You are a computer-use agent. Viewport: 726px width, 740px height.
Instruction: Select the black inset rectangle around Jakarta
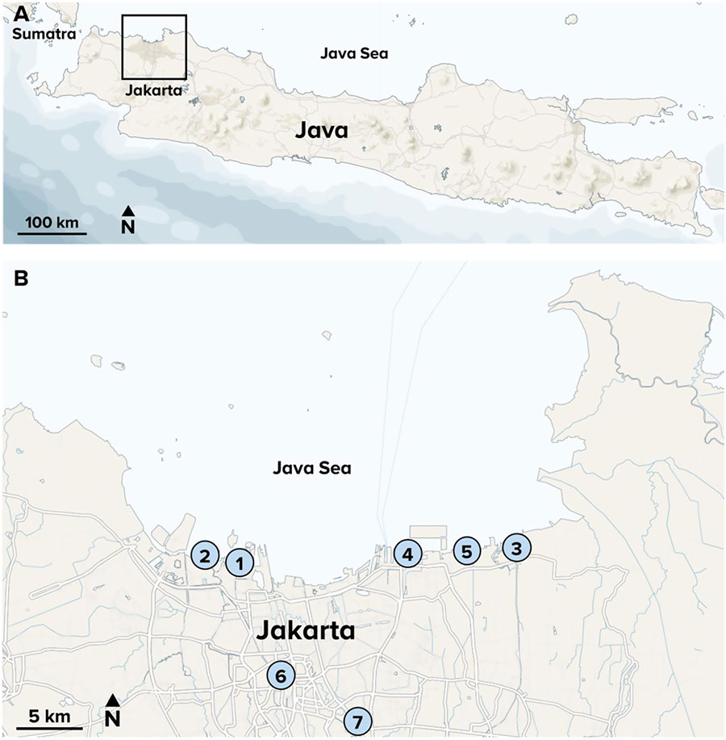point(153,47)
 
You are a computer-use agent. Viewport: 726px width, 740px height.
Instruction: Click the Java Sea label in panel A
point(355,54)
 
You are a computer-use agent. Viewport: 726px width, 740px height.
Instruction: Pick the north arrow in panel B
point(113,712)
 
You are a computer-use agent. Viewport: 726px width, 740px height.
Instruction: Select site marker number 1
point(240,562)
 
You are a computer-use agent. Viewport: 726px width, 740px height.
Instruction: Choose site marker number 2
point(205,555)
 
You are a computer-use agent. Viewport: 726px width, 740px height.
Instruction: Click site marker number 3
point(516,548)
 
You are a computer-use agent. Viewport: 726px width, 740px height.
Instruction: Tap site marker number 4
point(408,554)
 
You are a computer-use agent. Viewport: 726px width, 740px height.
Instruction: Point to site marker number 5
point(466,552)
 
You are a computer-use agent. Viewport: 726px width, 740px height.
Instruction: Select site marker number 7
point(358,720)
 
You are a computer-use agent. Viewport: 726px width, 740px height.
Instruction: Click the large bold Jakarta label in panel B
point(305,630)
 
